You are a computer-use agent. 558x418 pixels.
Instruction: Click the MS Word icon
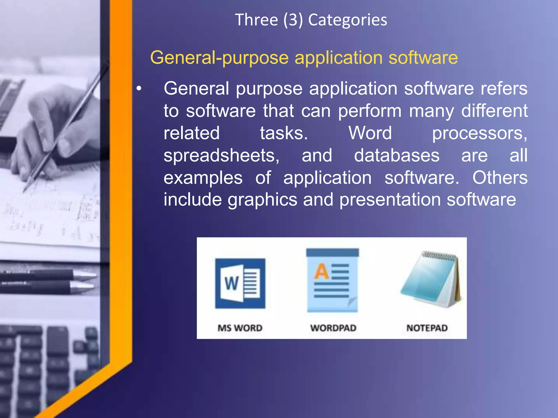coord(240,283)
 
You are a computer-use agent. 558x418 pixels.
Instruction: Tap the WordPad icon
coord(332,281)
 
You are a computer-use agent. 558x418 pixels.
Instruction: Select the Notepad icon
coord(430,280)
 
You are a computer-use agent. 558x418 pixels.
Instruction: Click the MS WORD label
coord(240,328)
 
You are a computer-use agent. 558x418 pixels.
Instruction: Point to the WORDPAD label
coord(333,328)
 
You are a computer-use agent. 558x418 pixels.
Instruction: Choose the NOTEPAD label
coord(427,328)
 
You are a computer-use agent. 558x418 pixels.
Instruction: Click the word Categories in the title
coord(347,20)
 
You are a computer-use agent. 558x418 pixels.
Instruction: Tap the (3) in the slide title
coord(293,20)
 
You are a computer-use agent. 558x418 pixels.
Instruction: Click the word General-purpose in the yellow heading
coord(219,58)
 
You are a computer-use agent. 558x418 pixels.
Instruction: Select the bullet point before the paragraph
coord(139,89)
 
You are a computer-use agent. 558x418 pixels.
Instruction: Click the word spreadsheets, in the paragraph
coord(221,156)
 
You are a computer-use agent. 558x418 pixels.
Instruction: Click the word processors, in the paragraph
coord(480,133)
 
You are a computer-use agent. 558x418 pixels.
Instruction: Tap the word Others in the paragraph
coord(500,177)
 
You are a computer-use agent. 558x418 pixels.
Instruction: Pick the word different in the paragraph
coord(494,111)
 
